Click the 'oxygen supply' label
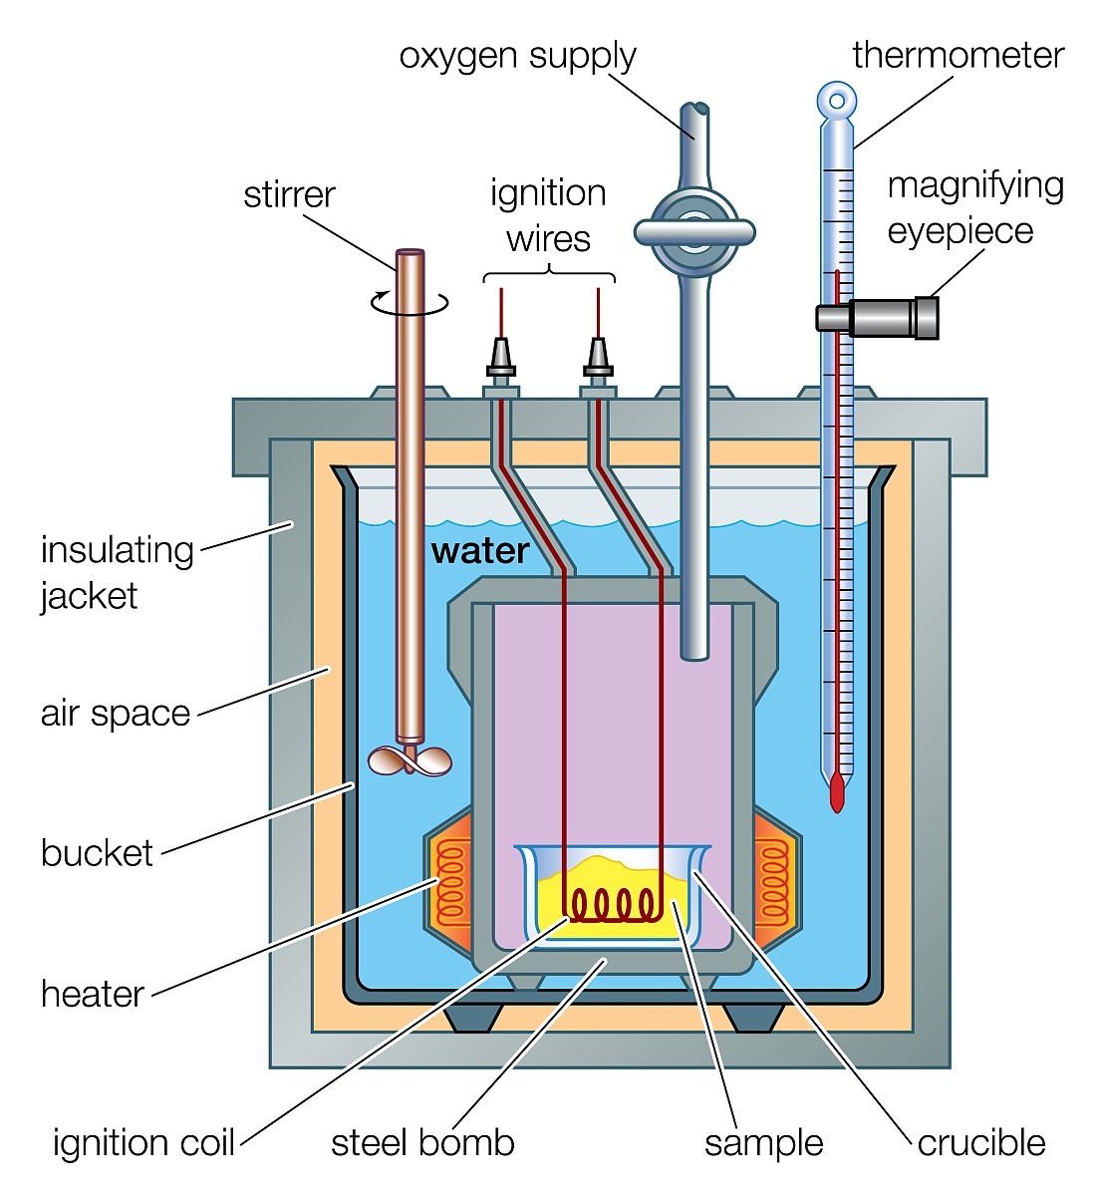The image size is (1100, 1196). tap(517, 56)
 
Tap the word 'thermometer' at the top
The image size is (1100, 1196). tap(958, 55)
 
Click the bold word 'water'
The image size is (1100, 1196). tap(479, 551)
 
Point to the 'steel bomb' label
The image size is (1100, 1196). tap(422, 1142)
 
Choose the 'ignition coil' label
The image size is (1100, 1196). tap(143, 1142)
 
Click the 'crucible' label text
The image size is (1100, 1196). tap(980, 1142)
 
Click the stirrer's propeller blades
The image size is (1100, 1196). tap(410, 761)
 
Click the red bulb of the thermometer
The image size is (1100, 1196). tap(837, 790)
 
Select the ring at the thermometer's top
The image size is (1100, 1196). tap(837, 101)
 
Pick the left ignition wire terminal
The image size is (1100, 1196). tap(501, 360)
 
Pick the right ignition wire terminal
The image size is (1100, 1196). tap(598, 360)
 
